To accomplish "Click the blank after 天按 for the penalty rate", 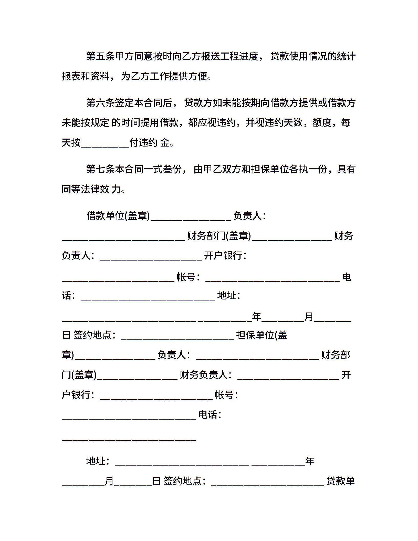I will click(x=105, y=143).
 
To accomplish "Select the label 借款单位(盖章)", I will click(x=118, y=216).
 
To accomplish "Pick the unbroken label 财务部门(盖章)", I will click(x=219, y=236).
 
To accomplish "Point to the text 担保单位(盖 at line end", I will click(x=262, y=335).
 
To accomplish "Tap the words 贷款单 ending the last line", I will click(x=340, y=481).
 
